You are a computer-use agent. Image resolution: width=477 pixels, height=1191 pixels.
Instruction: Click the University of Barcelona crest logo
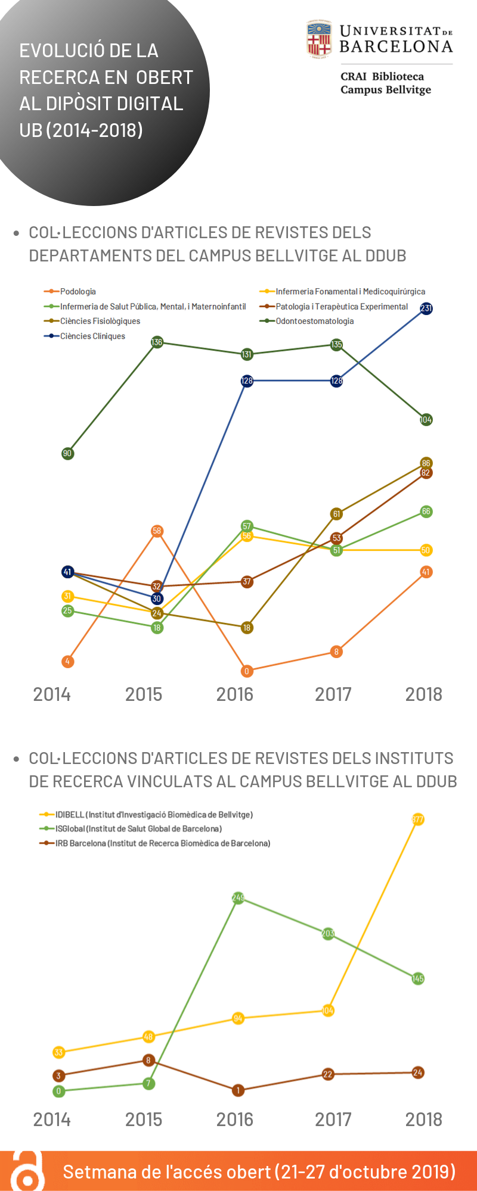coord(319,39)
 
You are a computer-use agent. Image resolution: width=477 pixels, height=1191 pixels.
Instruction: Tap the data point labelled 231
coord(426,308)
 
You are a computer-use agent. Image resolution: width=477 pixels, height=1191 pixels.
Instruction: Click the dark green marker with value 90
coord(67,454)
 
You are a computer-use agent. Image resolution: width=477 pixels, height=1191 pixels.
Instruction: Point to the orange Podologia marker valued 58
coord(157,531)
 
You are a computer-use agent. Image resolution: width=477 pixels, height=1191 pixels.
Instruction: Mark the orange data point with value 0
coord(247,671)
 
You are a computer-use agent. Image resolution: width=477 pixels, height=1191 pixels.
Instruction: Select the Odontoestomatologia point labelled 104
coord(426,420)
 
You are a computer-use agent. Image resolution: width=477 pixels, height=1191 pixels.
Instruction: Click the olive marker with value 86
coord(426,463)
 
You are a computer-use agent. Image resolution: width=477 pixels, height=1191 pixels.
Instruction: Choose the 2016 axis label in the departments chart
coord(235,694)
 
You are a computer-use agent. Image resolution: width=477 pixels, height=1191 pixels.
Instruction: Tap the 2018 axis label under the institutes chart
coord(424,1120)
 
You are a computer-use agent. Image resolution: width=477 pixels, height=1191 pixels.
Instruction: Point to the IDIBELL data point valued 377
coord(417,820)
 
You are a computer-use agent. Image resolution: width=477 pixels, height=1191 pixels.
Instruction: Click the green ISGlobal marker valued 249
coord(238,897)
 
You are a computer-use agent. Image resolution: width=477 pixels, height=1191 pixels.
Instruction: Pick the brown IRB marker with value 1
coord(238,1090)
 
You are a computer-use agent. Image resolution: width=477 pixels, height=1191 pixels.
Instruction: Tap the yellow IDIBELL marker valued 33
coord(58,1052)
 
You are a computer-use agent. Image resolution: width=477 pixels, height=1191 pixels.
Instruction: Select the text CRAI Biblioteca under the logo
coord(382,77)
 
